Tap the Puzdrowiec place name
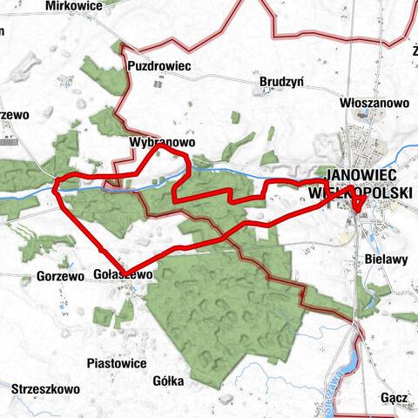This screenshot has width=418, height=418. coord(158,65)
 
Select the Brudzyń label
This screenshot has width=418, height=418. coord(280,82)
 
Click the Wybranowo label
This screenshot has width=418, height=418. coord(158,139)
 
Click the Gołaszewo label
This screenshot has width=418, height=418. coord(123,273)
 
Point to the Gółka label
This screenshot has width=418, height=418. coord(166,381)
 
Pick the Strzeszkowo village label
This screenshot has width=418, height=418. coord(46,388)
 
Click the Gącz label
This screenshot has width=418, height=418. coord(394,398)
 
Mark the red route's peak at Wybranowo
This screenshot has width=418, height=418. coord(158,148)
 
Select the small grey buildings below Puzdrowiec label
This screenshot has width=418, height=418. coord(158,84)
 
